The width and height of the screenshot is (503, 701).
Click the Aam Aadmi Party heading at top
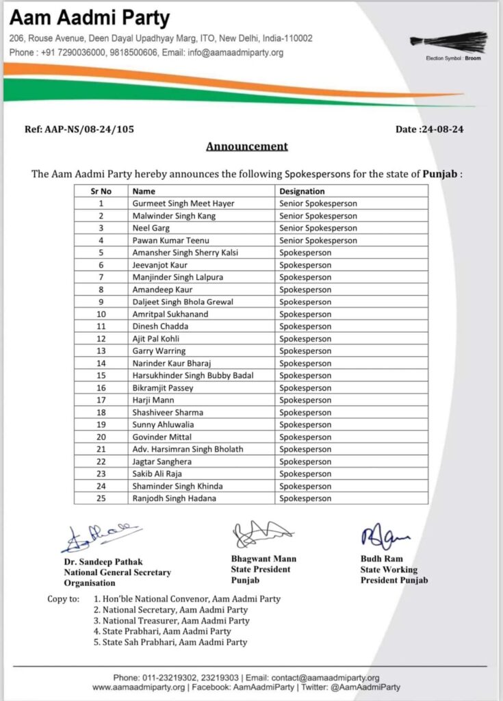click(89, 17)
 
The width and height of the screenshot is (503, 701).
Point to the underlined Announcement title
click(247, 146)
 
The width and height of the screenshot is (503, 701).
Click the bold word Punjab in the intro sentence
click(439, 174)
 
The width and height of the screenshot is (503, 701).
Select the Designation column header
click(302, 192)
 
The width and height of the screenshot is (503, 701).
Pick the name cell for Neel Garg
click(151, 228)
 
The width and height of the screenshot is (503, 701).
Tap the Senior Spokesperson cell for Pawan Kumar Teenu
click(318, 240)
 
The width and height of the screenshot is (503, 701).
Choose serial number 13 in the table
click(101, 351)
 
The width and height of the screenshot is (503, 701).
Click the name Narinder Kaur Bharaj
click(171, 364)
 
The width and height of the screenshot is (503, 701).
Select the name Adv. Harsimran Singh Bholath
click(188, 449)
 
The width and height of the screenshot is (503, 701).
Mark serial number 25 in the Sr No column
click(101, 498)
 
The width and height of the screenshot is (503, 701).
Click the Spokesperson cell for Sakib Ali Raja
click(305, 474)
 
